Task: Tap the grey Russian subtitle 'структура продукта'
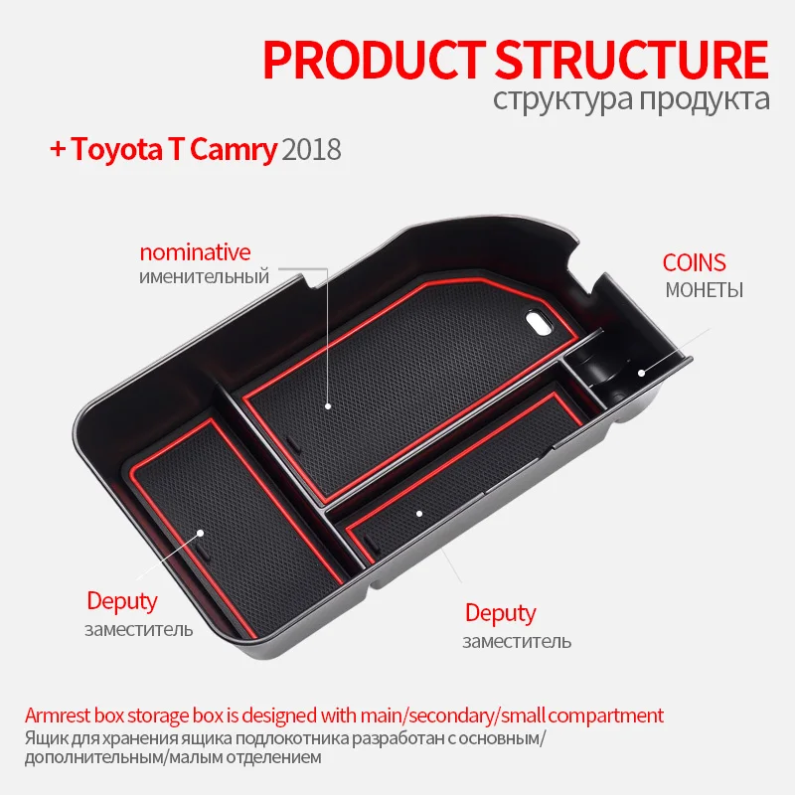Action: (630, 100)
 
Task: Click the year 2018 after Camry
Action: (312, 150)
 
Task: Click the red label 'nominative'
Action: (195, 252)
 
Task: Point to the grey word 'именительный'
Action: (205, 276)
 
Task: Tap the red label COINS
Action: (695, 263)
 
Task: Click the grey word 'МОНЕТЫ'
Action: (704, 290)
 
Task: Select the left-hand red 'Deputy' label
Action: (122, 601)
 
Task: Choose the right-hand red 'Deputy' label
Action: (500, 613)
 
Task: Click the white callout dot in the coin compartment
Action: (642, 374)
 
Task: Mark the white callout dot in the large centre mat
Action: (329, 406)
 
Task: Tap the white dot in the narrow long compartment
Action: (420, 513)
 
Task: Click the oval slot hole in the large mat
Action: (538, 321)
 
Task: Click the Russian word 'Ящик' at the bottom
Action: (45, 739)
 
